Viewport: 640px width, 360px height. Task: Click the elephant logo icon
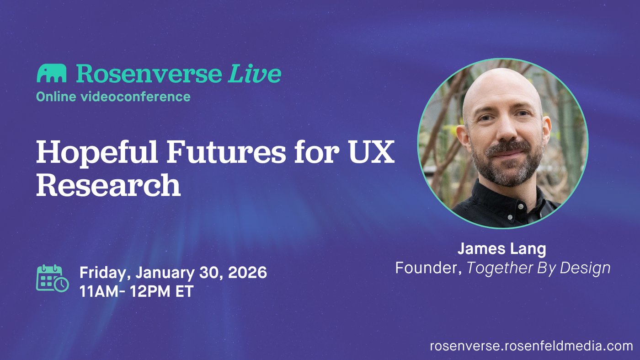(51, 73)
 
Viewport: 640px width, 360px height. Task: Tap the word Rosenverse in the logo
(149, 74)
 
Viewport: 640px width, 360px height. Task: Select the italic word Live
(255, 74)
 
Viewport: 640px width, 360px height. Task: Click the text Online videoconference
(113, 97)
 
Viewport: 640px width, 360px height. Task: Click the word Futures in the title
(226, 151)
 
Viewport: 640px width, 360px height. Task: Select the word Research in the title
(108, 185)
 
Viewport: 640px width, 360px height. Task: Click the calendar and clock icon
(53, 278)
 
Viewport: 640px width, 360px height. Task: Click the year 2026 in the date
(247, 272)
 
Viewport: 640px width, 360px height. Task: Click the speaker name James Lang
(502, 249)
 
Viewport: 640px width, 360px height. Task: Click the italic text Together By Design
(539, 268)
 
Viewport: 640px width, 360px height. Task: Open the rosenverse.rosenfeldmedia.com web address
(531, 346)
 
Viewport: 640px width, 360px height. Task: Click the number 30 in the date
(211, 272)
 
